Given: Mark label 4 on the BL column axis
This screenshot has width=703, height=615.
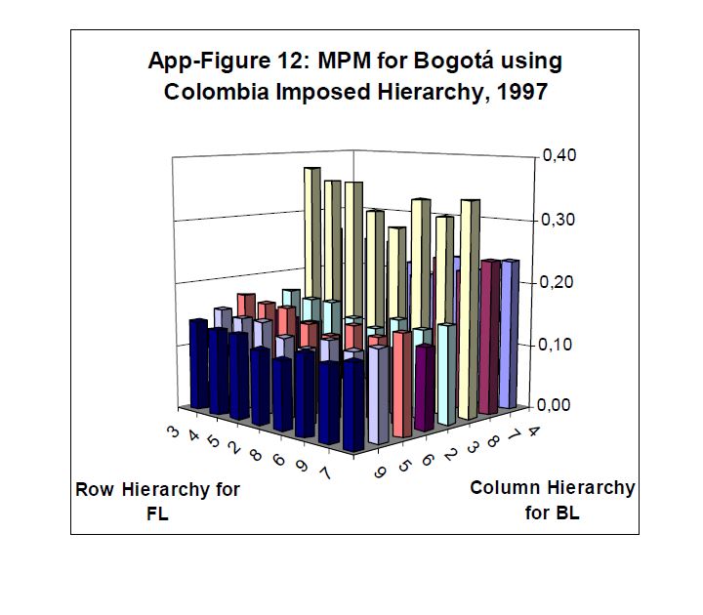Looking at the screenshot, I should point(532,430).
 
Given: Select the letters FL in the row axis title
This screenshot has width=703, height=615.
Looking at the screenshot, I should point(156,513).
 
